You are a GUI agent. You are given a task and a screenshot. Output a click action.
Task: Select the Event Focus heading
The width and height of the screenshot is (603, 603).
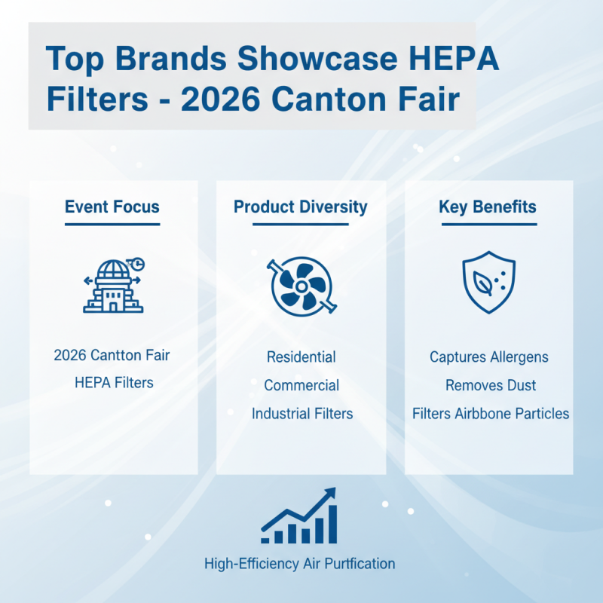point(112,207)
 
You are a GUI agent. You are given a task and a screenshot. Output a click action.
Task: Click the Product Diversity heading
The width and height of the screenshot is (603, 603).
point(300,207)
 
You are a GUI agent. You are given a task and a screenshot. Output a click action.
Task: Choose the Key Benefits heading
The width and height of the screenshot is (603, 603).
point(488,207)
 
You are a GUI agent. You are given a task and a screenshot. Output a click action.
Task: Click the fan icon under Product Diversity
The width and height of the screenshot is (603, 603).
point(301,286)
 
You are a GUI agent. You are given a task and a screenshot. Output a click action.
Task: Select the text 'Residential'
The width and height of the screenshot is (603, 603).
point(301,357)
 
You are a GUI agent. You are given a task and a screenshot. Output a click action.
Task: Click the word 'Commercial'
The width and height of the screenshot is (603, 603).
point(301,385)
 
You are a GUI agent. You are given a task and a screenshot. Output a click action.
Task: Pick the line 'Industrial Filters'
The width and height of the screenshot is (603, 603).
point(301,414)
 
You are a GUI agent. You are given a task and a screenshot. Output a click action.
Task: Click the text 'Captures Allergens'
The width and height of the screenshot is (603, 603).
point(489,357)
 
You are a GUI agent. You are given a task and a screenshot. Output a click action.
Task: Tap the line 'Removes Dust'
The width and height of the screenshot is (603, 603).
point(491,385)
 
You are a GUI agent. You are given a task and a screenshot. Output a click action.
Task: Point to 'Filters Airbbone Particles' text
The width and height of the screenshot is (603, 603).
point(491,414)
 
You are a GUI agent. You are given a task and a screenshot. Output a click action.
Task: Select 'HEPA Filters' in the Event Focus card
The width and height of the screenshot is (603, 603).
point(114,383)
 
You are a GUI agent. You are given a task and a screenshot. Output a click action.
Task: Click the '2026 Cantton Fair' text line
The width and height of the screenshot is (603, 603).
point(112,355)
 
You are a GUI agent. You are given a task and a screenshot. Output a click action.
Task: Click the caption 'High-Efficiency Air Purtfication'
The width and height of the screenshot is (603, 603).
point(299,563)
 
